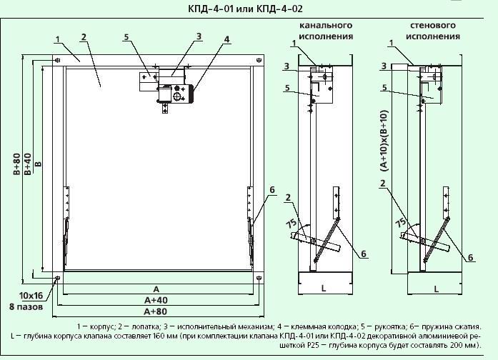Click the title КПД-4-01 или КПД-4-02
245,9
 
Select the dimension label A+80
156,311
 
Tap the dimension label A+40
156,300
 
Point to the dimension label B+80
17,164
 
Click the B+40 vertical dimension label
28,164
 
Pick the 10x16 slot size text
31,296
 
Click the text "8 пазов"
26,307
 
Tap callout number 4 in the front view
226,39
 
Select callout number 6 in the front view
272,190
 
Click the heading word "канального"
327,25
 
